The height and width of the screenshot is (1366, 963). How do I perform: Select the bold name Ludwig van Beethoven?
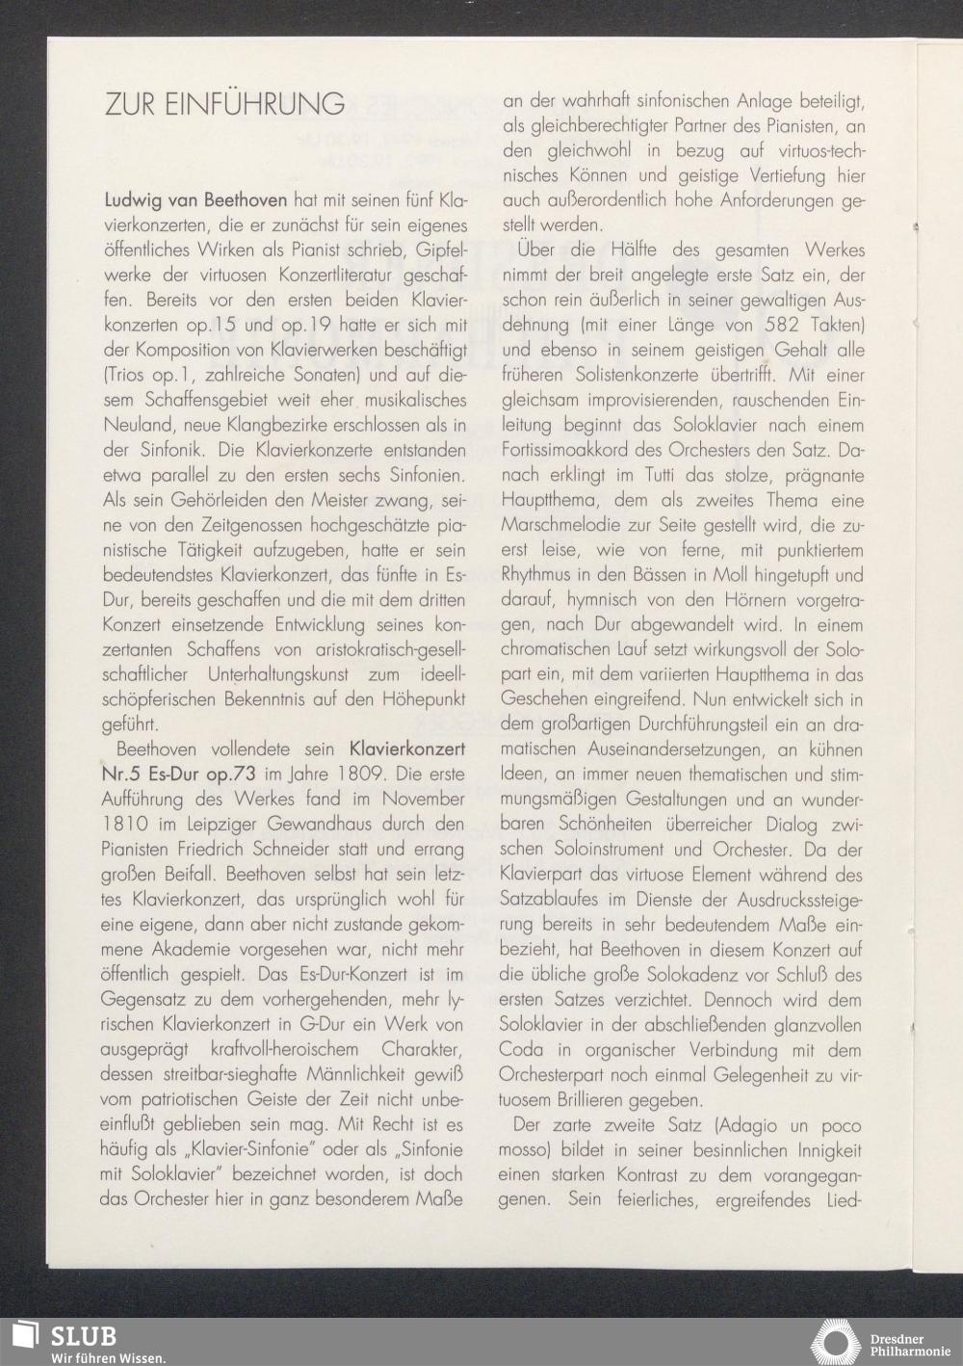tap(195, 202)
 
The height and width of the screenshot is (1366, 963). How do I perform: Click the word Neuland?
tap(134, 426)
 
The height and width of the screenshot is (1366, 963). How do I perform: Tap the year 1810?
tap(125, 824)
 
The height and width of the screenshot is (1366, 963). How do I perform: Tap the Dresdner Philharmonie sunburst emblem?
tap(839, 1343)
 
